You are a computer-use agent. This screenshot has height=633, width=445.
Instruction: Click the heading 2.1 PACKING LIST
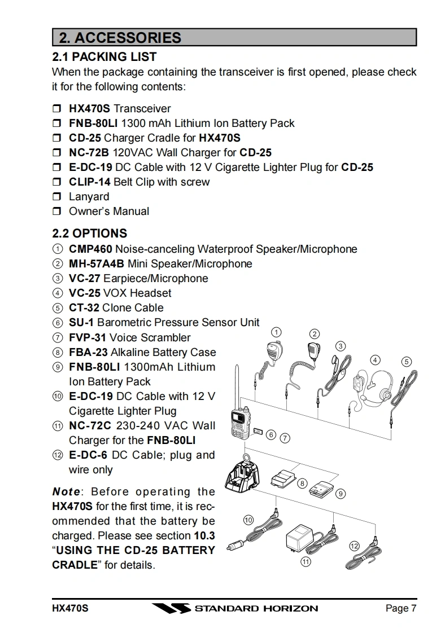coord(104,56)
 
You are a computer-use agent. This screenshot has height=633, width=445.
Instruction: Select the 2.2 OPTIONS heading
coord(89,233)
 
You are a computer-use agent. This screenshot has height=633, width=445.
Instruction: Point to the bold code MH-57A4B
coord(97,263)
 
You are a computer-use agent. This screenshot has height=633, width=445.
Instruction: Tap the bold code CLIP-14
coord(89,182)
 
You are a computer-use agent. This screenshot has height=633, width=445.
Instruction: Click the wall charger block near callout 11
coord(300,540)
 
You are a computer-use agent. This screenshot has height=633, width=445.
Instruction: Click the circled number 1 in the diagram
coord(276,331)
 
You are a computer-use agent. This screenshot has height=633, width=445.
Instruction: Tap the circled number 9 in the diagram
coord(340,494)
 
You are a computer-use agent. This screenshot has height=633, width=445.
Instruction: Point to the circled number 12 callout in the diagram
coord(354,546)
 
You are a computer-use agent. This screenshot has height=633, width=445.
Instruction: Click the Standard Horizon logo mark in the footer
coord(172,608)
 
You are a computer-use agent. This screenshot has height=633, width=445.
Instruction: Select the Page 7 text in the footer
coord(401,608)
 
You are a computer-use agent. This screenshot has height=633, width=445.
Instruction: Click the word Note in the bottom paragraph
coord(66,491)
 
